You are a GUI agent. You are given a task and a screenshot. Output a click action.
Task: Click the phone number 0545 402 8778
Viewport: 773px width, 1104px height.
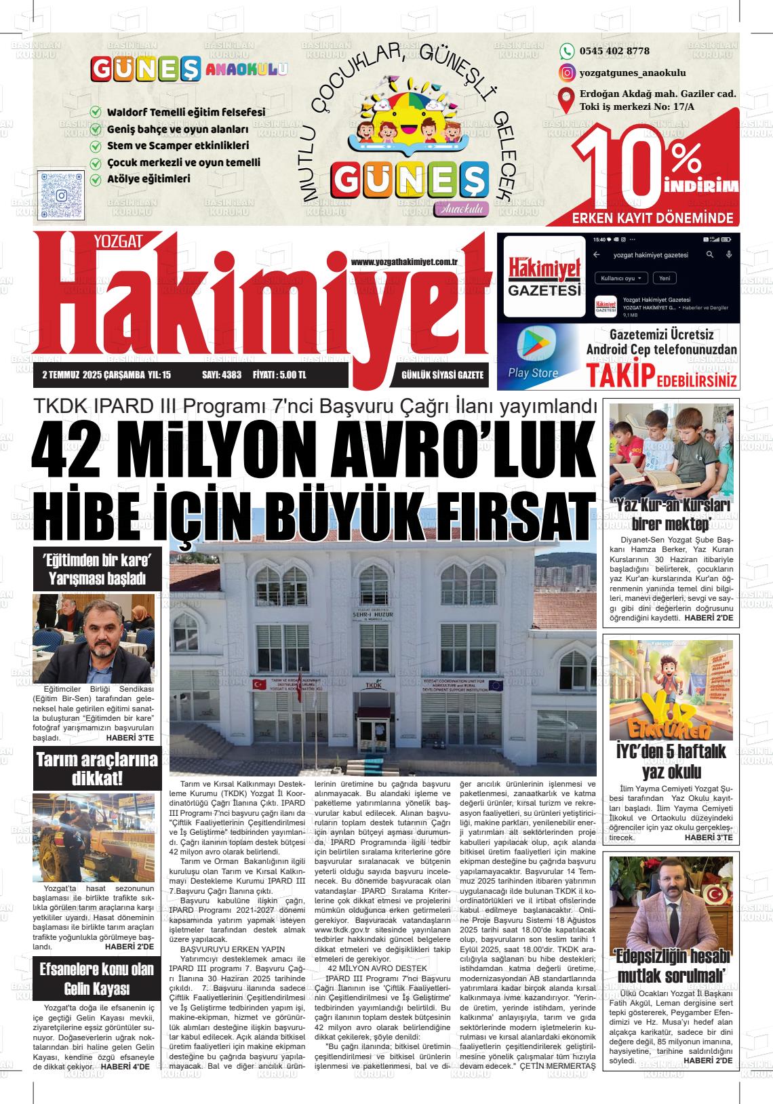click(614, 51)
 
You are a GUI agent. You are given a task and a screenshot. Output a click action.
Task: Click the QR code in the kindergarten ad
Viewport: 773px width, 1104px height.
click(61, 195)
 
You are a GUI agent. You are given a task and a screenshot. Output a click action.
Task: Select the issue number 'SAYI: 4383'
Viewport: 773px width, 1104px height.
click(222, 374)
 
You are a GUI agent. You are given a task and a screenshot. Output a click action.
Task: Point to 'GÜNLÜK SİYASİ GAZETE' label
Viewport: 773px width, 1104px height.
click(442, 374)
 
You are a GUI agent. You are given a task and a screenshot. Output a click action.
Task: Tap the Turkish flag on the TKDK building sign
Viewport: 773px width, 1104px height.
click(258, 686)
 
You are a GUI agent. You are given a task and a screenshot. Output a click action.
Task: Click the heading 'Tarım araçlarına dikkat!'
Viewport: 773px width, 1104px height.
click(96, 768)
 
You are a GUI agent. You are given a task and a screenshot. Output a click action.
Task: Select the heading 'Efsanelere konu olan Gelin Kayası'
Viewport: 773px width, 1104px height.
click(96, 979)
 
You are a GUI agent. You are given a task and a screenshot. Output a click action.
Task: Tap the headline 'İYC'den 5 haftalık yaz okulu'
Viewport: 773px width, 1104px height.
click(671, 762)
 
